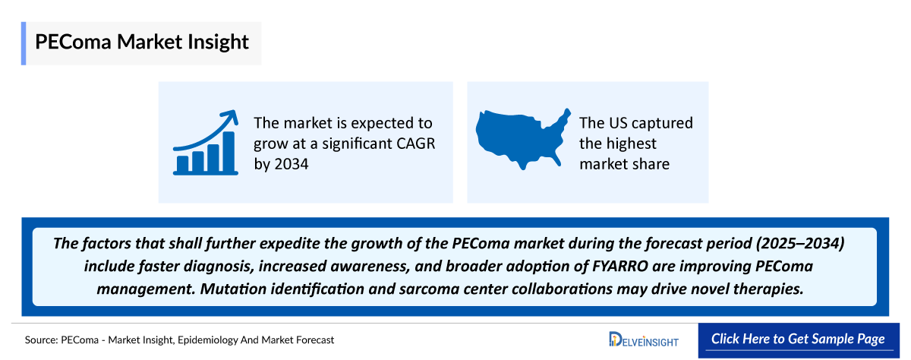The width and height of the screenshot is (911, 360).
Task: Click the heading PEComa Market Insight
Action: (x=141, y=42)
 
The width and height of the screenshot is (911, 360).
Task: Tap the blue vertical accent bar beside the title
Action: (x=24, y=43)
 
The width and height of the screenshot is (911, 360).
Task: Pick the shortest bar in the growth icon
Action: (x=182, y=163)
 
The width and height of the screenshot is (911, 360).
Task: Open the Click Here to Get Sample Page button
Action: (x=798, y=339)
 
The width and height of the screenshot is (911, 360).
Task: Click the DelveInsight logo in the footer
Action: (x=645, y=339)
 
